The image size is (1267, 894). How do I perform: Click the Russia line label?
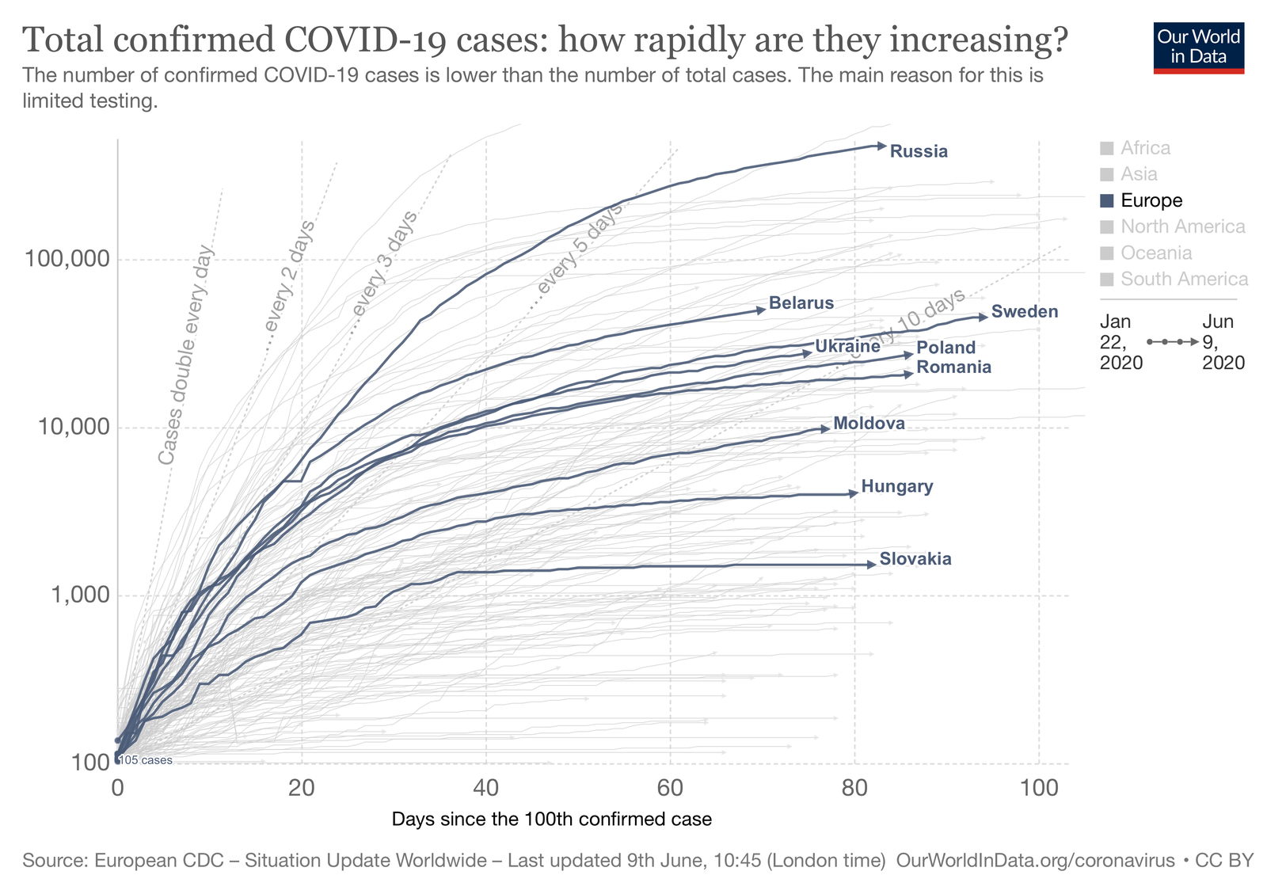pyautogui.click(x=919, y=151)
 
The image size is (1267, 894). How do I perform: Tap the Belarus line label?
pyautogui.click(x=801, y=302)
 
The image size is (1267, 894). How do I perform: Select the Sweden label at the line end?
pyautogui.click(x=1024, y=311)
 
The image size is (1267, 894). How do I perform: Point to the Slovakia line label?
pyautogui.click(x=915, y=559)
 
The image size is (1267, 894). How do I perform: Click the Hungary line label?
pyautogui.click(x=897, y=486)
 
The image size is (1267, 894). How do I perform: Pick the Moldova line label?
pyautogui.click(x=869, y=424)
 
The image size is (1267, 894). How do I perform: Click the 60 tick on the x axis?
pyautogui.click(x=670, y=789)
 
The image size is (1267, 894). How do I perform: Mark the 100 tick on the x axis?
pyautogui.click(x=1039, y=789)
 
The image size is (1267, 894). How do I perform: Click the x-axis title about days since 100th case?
pyautogui.click(x=551, y=819)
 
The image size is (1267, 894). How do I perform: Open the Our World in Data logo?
pyautogui.click(x=1199, y=46)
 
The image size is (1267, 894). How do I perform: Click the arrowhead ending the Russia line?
pyautogui.click(x=881, y=145)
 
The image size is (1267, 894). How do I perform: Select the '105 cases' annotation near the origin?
pyautogui.click(x=146, y=760)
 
